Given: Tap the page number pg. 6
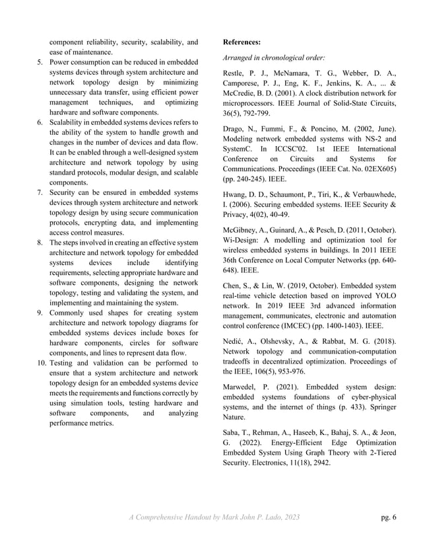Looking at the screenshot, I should tap(389, 517).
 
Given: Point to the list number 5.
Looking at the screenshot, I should tap(40, 62).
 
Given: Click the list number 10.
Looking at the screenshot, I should tap(41, 363).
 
